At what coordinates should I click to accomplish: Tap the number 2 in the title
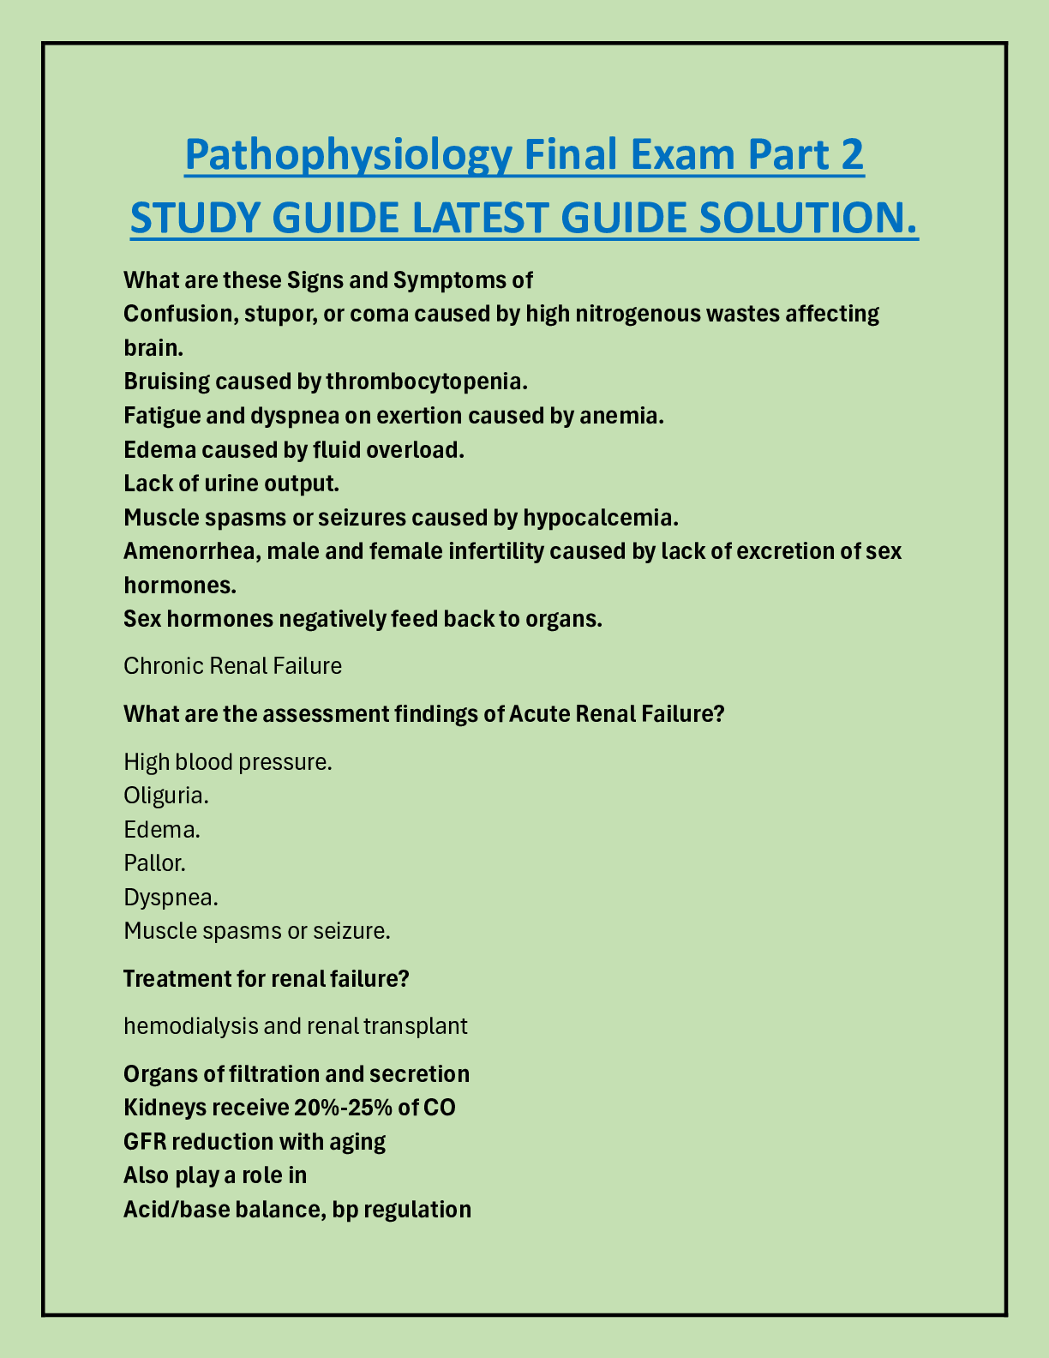[x=851, y=156]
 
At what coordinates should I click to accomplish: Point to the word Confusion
[x=177, y=314]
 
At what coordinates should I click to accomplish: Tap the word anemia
[x=625, y=416]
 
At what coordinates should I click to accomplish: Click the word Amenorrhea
[x=191, y=550]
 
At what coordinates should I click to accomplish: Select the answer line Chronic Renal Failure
[x=232, y=666]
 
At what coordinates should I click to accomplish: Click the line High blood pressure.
[x=227, y=761]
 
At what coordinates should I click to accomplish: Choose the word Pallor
[x=154, y=862]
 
